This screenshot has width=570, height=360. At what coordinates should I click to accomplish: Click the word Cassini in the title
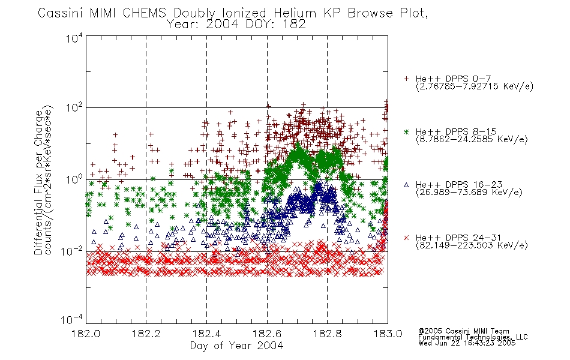tap(61, 13)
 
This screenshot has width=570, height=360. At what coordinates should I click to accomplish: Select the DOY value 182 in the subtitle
tap(296, 25)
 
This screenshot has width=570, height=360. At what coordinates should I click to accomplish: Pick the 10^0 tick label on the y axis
tap(74, 179)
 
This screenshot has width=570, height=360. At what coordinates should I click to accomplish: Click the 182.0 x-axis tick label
tap(86, 334)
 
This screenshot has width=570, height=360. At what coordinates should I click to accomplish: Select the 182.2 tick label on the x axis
tap(146, 334)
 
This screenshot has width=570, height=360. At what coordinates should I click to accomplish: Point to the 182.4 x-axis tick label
tap(206, 334)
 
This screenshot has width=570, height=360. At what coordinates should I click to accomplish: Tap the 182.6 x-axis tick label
tap(267, 334)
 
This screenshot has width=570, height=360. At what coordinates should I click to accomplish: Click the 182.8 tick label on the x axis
tap(327, 334)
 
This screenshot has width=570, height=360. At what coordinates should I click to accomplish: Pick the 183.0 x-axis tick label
tap(388, 334)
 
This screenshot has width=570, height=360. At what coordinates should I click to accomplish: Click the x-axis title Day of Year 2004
tap(236, 346)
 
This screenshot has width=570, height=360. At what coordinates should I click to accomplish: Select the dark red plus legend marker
tap(406, 79)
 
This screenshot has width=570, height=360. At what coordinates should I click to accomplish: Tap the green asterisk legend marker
tap(406, 131)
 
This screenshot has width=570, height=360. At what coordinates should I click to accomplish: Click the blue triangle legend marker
tap(406, 185)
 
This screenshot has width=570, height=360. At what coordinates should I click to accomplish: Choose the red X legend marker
tap(406, 238)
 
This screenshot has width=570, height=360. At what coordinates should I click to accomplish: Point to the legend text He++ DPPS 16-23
tap(459, 185)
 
